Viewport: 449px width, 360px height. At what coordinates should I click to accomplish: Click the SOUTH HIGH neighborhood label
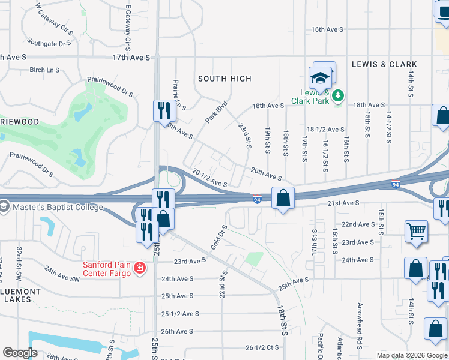click(224, 79)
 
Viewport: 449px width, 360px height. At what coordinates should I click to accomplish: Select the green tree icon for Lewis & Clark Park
click(338, 95)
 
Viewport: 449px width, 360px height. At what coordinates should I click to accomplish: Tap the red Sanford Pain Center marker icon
click(140, 267)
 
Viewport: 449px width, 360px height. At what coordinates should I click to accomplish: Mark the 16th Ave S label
click(327, 29)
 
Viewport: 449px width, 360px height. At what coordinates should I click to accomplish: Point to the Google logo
click(20, 353)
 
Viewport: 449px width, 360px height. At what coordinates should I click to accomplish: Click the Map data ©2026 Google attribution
click(412, 355)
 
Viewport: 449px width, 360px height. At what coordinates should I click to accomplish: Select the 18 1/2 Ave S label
click(325, 129)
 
